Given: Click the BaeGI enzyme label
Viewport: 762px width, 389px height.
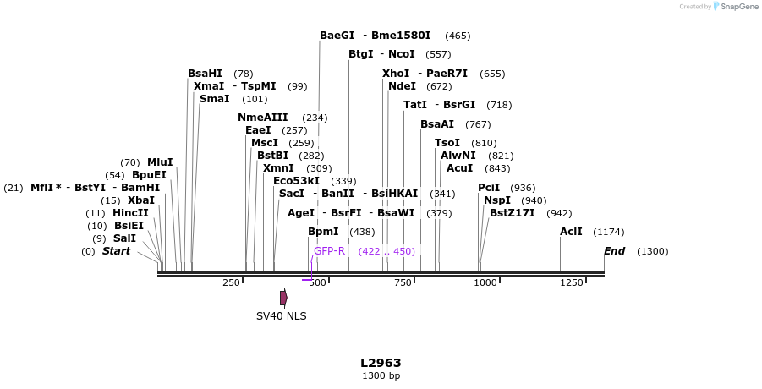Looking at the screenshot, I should [x=337, y=36].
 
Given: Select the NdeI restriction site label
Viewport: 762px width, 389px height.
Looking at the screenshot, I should [x=402, y=86].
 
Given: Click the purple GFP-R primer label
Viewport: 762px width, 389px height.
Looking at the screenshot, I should [x=329, y=251].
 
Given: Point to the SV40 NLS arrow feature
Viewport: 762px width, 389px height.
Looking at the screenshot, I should [x=283, y=298].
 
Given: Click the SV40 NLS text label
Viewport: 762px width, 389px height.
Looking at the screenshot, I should [x=282, y=316].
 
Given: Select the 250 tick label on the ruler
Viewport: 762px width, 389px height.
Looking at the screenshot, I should [x=231, y=282].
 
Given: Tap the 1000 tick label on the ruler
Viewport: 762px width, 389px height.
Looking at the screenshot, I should [x=485, y=282].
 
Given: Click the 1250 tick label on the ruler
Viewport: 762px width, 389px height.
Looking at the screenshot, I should [x=572, y=282].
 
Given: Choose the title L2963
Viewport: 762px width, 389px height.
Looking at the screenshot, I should [x=381, y=363].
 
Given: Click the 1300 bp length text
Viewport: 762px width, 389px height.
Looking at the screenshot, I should [x=381, y=375].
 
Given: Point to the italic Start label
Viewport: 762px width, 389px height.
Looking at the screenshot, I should [x=117, y=251].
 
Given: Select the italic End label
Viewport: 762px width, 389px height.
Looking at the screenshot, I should [x=614, y=251].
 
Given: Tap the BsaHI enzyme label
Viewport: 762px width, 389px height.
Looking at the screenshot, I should [x=205, y=74].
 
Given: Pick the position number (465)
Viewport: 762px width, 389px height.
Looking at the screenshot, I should [x=458, y=36].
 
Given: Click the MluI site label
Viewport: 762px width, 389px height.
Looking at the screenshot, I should [x=160, y=162].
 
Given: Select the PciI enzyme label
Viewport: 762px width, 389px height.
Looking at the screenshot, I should [x=489, y=188].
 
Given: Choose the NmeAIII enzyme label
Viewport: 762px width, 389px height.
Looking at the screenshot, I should [x=262, y=118].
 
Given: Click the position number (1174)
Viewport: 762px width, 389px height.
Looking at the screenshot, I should [x=608, y=232].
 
